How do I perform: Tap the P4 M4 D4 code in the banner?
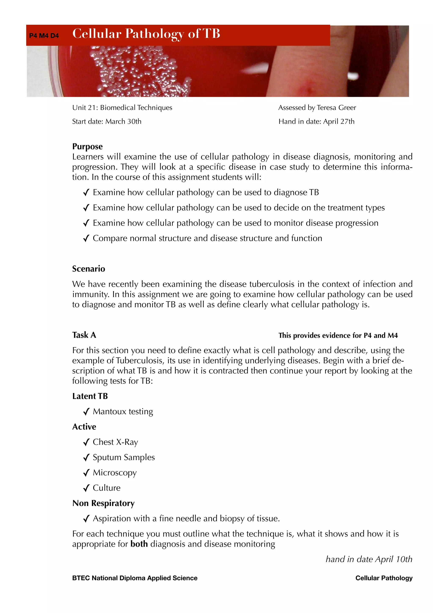pos(44,36)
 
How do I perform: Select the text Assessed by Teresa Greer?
pos(317,108)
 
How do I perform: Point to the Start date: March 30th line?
pos(107,121)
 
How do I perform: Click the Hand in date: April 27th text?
pos(317,121)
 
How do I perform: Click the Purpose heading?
pos(87,146)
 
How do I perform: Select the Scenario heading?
pos(89,269)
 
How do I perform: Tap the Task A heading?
pos(84,335)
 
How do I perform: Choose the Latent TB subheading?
pos(90,396)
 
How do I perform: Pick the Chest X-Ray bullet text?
pos(115,442)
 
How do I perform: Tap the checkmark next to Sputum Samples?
pos(86,458)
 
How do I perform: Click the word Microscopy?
pos(115,473)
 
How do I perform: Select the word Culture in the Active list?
pos(106,488)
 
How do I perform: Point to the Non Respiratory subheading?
pos(103,503)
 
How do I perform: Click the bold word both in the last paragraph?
pos(139,544)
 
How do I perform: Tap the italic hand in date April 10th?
pos(369,559)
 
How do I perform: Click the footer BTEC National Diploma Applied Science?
pos(135,578)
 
